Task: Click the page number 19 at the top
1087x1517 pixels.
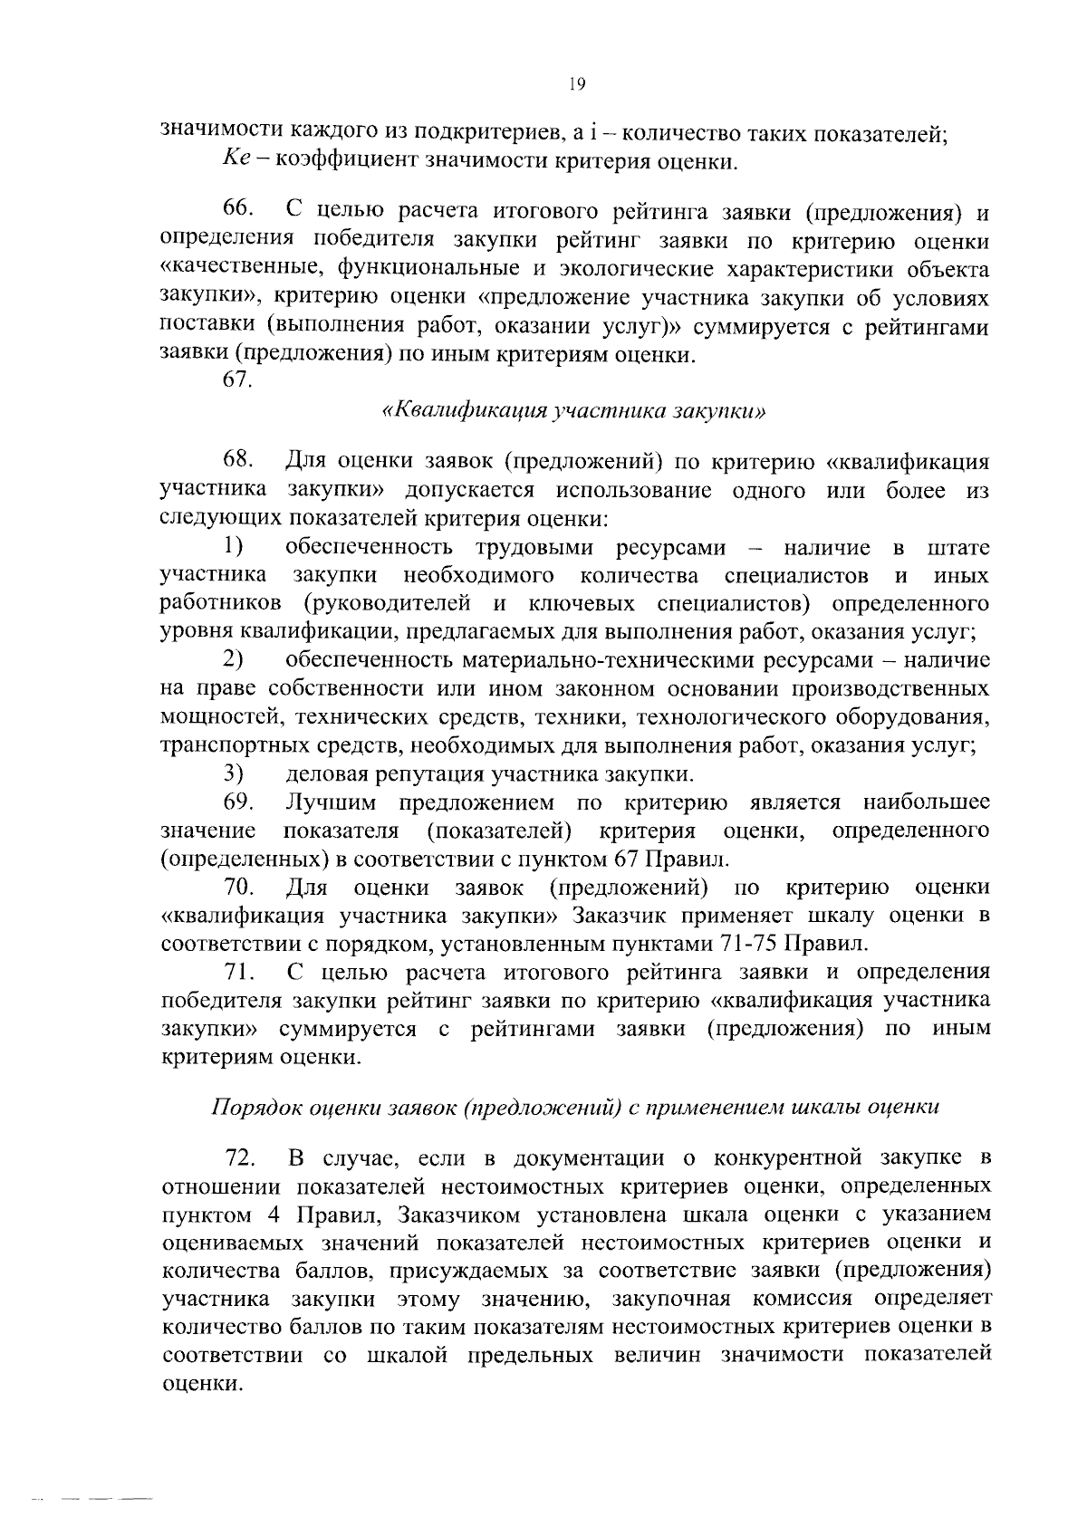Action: pos(577,84)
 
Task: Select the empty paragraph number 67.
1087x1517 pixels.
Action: pos(237,380)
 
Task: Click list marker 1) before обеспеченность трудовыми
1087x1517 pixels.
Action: pos(235,546)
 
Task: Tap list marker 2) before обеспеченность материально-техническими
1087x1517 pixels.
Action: pos(235,659)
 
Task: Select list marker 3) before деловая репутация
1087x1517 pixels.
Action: pos(235,773)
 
